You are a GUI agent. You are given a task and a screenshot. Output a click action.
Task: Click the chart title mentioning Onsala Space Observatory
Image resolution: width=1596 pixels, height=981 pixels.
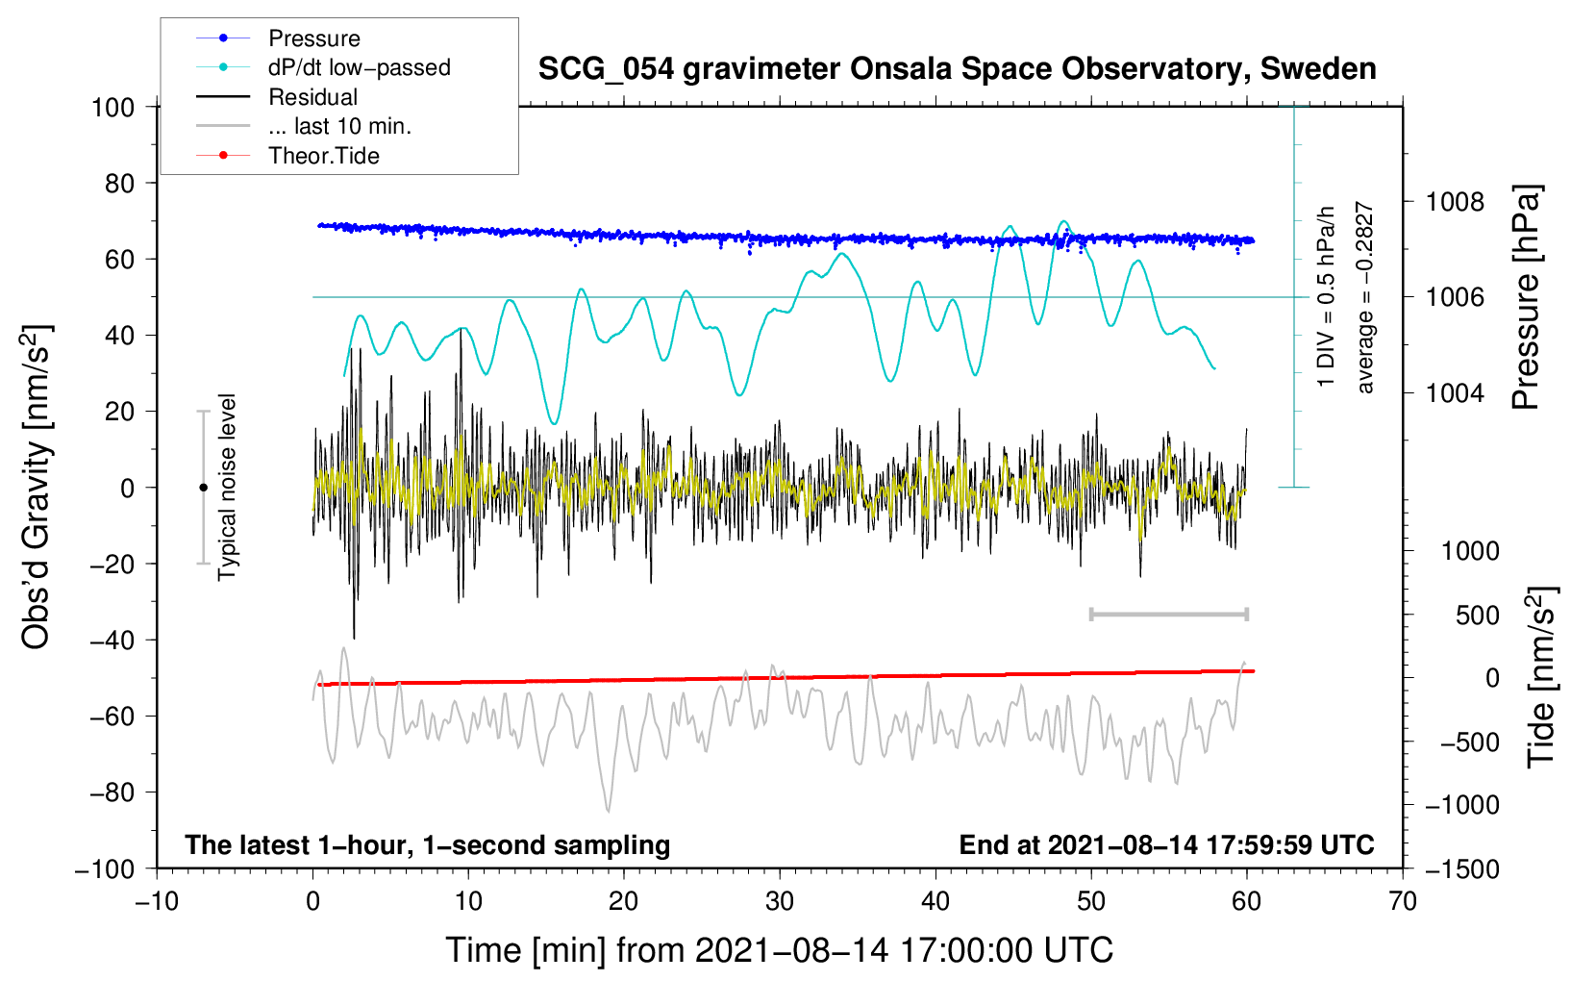pos(957,69)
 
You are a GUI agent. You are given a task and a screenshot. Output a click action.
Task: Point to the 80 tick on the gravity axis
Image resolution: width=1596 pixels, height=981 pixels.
pos(119,183)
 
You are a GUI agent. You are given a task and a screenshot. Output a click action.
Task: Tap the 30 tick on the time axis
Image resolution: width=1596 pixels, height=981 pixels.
pos(780,901)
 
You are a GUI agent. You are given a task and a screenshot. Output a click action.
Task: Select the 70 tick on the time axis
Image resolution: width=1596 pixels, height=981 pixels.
pos(1403,901)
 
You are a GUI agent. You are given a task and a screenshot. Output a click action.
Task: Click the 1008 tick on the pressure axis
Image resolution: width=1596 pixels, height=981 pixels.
pos(1455,202)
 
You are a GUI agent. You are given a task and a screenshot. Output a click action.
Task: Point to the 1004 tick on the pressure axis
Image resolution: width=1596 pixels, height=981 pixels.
pos(1455,393)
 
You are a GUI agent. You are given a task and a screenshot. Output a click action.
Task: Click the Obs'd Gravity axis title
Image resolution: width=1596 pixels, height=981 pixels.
pos(37,488)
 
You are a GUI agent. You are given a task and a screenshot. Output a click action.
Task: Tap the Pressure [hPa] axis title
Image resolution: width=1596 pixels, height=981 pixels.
pos(1527,297)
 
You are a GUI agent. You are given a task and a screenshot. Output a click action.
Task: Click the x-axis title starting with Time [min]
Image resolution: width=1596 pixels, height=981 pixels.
pos(779,950)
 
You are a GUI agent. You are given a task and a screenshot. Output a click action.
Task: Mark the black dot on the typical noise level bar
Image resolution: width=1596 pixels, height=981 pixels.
pos(203,488)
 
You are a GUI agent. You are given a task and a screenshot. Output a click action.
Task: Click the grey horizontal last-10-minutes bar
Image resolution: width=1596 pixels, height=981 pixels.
pos(1168,614)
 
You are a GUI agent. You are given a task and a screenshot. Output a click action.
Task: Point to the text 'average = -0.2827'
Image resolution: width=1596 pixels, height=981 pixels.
pos(1365,297)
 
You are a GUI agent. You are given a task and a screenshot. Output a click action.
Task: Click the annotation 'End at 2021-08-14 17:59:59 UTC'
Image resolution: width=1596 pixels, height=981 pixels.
pos(1166,844)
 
